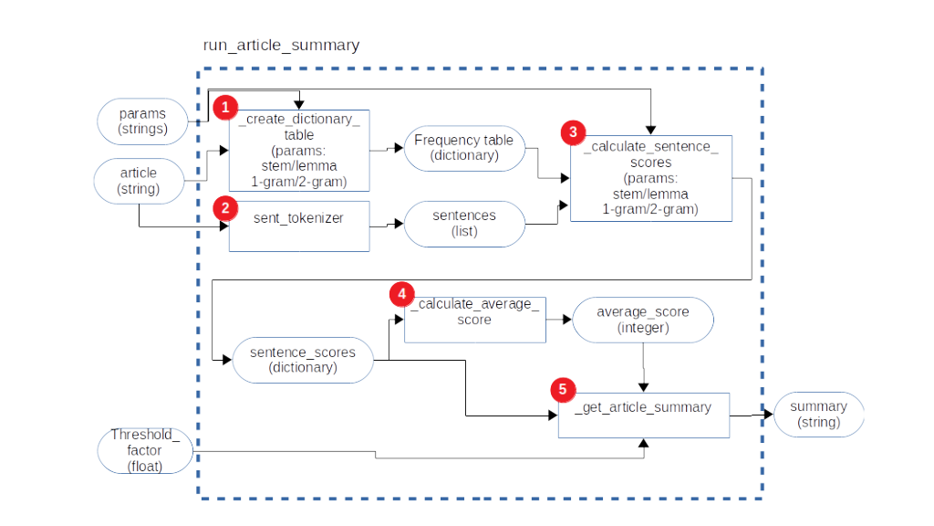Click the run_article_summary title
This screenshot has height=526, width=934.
[281, 45]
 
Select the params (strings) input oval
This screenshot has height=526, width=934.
[143, 121]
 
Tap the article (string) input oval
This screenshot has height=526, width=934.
[139, 180]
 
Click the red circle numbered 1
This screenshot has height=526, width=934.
[224, 107]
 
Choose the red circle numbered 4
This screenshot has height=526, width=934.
[400, 293]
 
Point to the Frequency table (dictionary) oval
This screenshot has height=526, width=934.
[463, 148]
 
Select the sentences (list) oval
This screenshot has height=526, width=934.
[464, 223]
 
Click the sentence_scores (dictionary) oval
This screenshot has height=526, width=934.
[304, 360]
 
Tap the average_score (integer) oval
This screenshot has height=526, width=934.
[642, 320]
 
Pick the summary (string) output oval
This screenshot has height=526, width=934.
[818, 415]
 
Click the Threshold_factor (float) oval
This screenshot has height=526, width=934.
[146, 450]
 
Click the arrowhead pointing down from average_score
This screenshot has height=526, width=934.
[645, 386]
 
